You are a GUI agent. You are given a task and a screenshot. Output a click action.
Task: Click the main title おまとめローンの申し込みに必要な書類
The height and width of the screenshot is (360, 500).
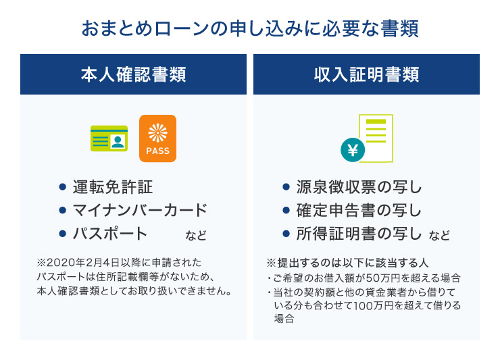click(249, 29)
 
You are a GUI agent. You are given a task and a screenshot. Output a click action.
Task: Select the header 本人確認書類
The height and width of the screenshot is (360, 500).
click(133, 74)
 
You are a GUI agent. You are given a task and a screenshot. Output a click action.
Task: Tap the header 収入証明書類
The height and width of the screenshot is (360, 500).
click(366, 74)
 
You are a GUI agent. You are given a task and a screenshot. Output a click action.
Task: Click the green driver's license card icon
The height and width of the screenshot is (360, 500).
click(109, 138)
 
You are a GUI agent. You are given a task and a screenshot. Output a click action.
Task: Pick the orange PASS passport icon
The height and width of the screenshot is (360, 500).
click(157, 138)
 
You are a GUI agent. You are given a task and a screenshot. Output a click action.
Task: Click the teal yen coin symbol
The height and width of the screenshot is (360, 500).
click(352, 151)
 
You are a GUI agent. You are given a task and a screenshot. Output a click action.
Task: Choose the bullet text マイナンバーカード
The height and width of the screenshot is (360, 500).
click(140, 211)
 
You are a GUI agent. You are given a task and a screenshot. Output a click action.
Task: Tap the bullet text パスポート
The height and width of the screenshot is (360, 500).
click(110, 234)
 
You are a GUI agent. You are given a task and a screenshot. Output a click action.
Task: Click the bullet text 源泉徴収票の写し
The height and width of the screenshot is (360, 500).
click(359, 187)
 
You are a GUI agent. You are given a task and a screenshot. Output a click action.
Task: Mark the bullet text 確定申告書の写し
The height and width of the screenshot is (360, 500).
click(359, 211)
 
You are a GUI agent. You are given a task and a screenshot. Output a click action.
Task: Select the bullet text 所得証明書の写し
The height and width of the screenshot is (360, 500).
click(359, 234)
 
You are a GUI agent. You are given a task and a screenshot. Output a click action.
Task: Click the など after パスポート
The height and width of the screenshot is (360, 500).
click(196, 236)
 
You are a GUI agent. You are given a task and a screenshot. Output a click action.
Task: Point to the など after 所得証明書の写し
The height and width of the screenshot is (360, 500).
click(439, 236)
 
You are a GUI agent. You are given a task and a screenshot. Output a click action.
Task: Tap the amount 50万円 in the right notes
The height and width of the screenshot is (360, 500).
click(382, 278)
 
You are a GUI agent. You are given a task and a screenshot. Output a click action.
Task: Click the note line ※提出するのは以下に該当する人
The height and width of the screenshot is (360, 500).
click(348, 262)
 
